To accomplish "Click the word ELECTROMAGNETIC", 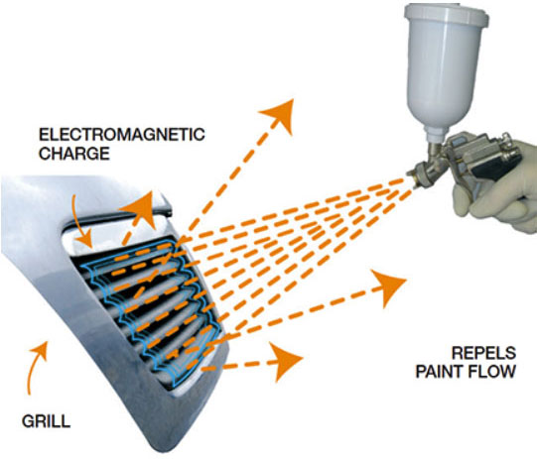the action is coord(121,135).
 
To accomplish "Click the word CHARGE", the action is coord(74,154).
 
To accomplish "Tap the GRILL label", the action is coord(47,421).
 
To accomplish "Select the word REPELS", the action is coord(483,353).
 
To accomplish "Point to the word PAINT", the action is coord(440,372).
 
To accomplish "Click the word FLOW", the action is coord(492,372).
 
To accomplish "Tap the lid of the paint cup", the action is coord(447,16).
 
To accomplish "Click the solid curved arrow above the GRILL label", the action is coord(36,367).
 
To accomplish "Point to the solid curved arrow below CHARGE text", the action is coord(80,222).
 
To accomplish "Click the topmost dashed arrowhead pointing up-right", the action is coord(279,115).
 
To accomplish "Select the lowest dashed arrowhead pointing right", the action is coord(287,361).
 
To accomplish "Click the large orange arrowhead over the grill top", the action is coord(139,209).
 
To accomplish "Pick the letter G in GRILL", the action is coord(28,421).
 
